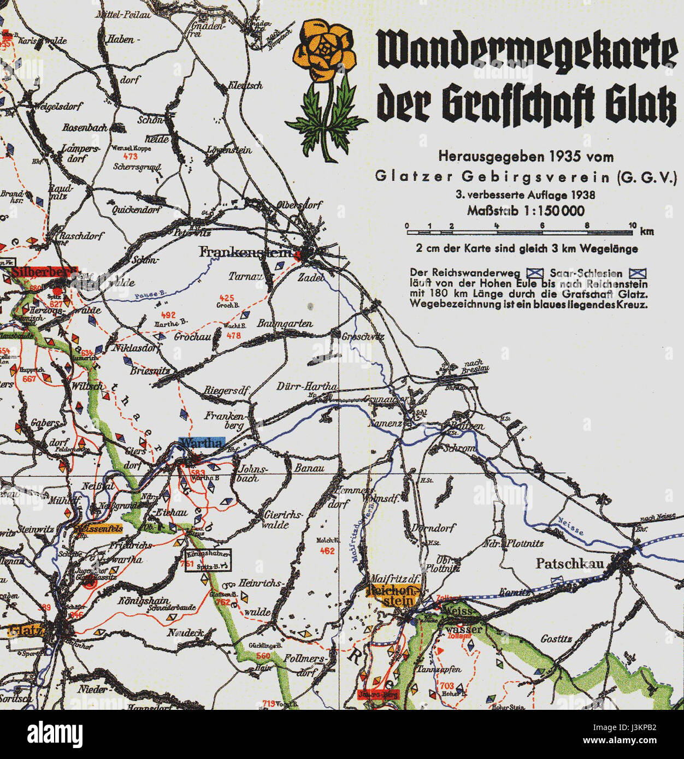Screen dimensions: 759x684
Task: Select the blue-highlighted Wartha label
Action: (201, 443)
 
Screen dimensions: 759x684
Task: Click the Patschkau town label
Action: (570, 564)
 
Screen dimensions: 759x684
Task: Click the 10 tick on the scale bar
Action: (632, 226)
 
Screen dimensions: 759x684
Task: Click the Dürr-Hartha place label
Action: (306, 386)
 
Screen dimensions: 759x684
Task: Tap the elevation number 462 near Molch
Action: (327, 551)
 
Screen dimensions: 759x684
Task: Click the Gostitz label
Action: (556, 639)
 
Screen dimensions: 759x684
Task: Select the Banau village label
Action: (309, 468)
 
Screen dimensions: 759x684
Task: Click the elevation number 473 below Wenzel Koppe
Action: (130, 157)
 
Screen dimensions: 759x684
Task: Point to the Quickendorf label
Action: (137, 210)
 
